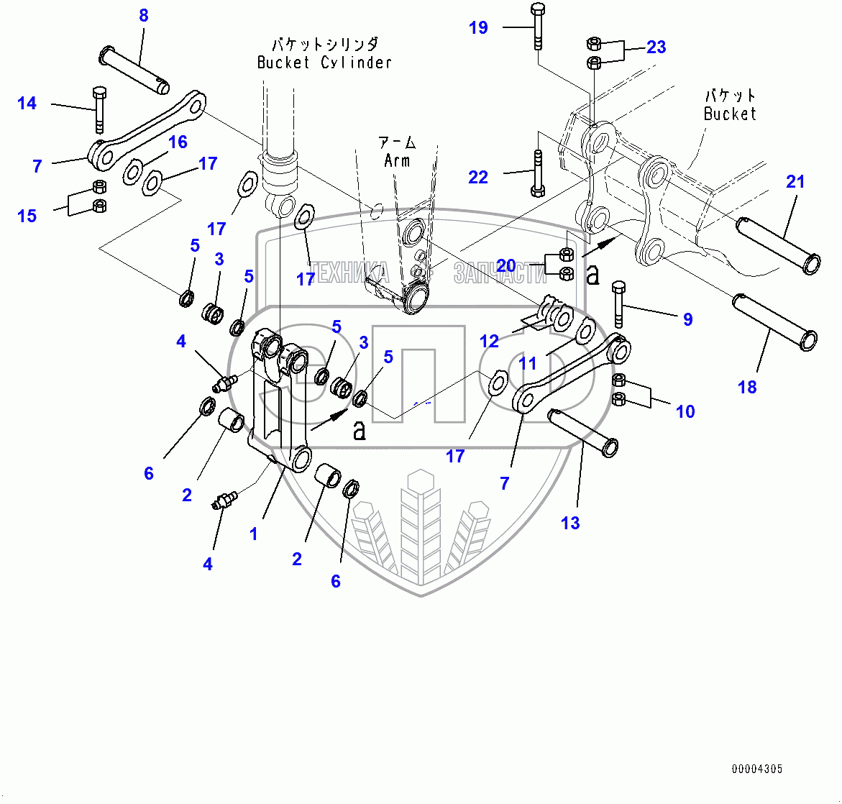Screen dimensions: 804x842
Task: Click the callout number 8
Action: coord(144,15)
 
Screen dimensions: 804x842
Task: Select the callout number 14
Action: coord(27,104)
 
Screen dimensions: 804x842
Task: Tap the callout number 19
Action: coord(478,28)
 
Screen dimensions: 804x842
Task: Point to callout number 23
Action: coord(656,47)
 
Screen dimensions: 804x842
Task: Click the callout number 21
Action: coord(795,182)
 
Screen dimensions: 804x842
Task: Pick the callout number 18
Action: coord(747,388)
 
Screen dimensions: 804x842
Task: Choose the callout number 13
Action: coord(570,524)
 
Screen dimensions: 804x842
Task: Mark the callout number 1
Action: coord(253,534)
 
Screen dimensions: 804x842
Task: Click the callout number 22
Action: coord(478,177)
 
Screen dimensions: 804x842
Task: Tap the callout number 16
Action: coord(178,142)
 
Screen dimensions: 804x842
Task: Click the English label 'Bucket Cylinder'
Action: coord(324,63)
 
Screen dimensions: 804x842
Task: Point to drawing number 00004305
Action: coord(757,769)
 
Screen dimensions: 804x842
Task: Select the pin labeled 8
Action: coord(135,69)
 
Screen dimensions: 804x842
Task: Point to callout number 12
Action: coord(489,342)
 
